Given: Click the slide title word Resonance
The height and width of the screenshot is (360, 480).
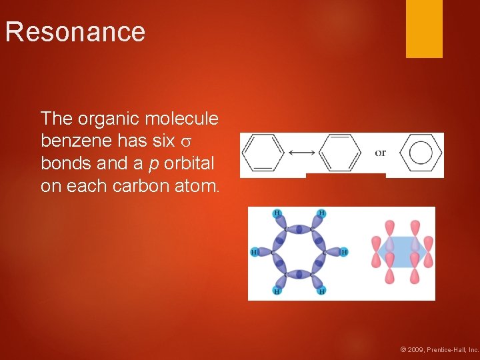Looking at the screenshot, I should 75,32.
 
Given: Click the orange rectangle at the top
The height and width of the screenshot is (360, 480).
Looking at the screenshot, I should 424,28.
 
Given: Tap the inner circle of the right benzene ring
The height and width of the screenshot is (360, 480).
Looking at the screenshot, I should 421,153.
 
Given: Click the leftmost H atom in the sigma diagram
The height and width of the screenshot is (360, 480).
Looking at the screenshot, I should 254,252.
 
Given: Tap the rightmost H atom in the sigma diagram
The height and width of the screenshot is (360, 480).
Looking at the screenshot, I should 344,252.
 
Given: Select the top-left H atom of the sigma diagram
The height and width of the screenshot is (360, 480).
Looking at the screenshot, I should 277,213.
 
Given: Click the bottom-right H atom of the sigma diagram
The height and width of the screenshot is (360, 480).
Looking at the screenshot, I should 322,291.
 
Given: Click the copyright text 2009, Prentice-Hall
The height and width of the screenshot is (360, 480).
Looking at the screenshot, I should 439,349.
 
